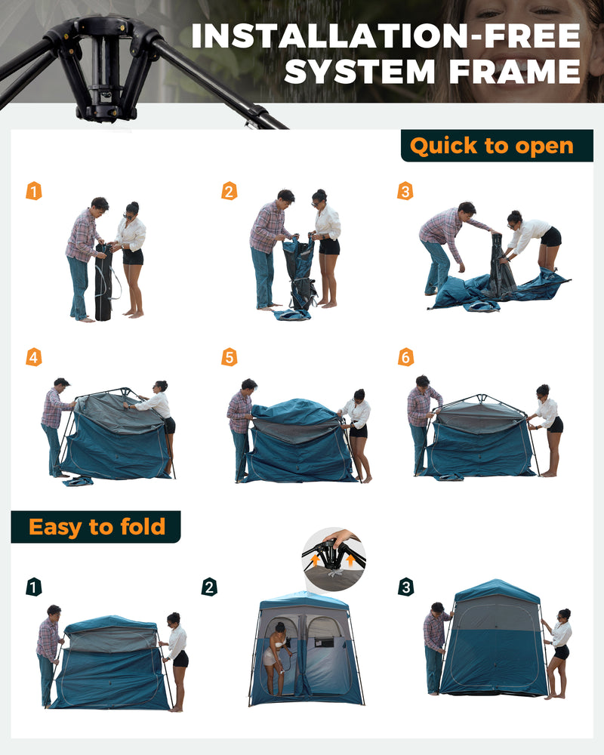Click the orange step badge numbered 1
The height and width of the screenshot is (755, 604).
34,191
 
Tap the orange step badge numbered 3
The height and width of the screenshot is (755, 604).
405,191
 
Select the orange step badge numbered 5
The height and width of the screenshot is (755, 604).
229,357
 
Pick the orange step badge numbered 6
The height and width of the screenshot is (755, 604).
405,357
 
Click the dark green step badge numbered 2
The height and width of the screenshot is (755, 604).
209,587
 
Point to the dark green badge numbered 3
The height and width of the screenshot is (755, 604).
406,587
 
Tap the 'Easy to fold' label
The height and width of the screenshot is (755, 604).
96,527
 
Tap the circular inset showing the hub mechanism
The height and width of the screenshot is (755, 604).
334,559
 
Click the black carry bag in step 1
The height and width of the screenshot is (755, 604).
103,282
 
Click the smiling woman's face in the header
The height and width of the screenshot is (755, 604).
528,38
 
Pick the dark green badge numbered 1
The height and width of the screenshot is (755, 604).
34,587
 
